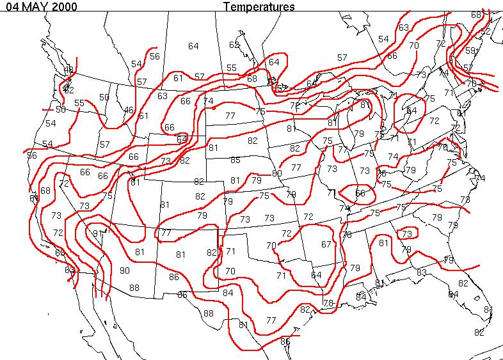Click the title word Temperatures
pos(259,7)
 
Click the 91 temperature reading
pos(98,233)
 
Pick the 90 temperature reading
pos(125,270)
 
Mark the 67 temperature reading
pos(326,244)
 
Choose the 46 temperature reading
pos(129,110)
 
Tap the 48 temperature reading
pos(69,70)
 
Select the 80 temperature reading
pos(276,173)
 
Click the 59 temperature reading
pos(470,51)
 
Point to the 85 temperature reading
pos(236,160)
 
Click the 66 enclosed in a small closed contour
pos(360,193)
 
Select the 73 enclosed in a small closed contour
pos(406,234)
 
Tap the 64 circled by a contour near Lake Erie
pos(411,111)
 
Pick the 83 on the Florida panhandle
pos(421,272)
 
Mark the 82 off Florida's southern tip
pos(479,333)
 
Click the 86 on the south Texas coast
pos(285,341)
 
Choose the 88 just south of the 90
pos(134,288)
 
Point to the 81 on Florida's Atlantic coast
pos(488,309)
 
